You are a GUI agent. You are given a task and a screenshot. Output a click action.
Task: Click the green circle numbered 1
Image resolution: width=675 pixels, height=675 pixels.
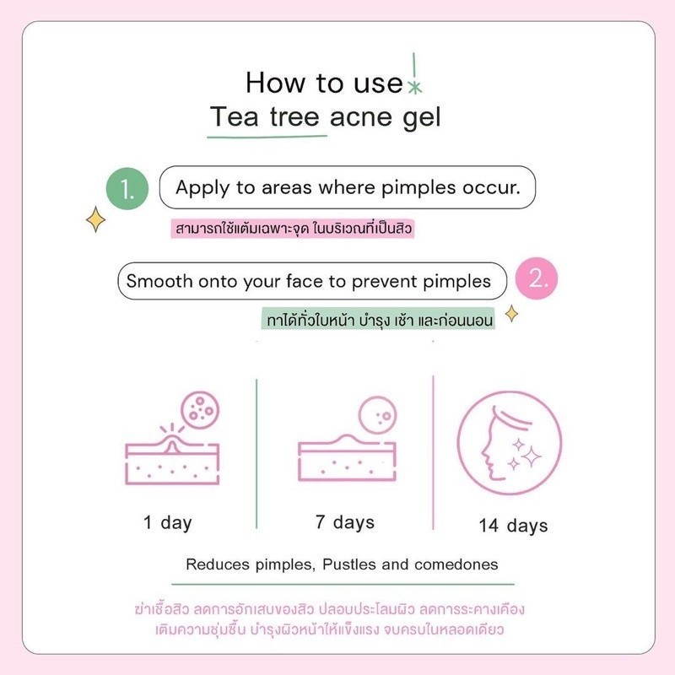[127, 188]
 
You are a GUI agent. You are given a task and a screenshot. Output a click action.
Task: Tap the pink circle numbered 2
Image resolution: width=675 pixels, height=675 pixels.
[537, 278]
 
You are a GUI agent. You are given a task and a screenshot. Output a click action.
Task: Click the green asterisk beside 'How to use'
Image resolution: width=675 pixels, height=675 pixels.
[414, 88]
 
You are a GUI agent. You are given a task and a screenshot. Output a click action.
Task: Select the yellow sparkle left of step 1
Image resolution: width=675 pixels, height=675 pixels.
[95, 219]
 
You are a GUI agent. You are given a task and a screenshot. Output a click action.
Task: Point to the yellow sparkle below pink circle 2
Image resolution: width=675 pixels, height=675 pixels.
[511, 313]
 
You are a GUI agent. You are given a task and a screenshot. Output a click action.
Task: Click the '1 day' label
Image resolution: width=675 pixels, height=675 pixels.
[167, 523]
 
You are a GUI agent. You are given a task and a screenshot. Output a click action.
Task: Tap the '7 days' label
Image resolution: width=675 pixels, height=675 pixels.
[345, 522]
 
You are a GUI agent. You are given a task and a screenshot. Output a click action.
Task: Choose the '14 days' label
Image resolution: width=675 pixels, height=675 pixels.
[513, 526]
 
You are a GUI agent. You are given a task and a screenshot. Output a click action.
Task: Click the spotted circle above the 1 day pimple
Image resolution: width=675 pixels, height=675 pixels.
[200, 410]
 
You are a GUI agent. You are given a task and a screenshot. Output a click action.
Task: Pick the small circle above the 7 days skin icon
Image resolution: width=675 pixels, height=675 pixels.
[377, 414]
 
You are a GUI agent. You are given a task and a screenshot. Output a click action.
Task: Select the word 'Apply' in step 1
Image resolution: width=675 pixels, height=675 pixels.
[202, 188]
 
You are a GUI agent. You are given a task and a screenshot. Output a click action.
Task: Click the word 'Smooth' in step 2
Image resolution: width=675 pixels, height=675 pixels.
[159, 281]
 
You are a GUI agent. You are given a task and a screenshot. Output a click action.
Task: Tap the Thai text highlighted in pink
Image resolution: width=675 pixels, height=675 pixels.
[292, 229]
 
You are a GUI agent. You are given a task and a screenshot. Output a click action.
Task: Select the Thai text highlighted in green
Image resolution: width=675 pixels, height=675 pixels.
[378, 320]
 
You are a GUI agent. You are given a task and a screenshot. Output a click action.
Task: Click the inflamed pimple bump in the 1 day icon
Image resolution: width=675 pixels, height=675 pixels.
[172, 445]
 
